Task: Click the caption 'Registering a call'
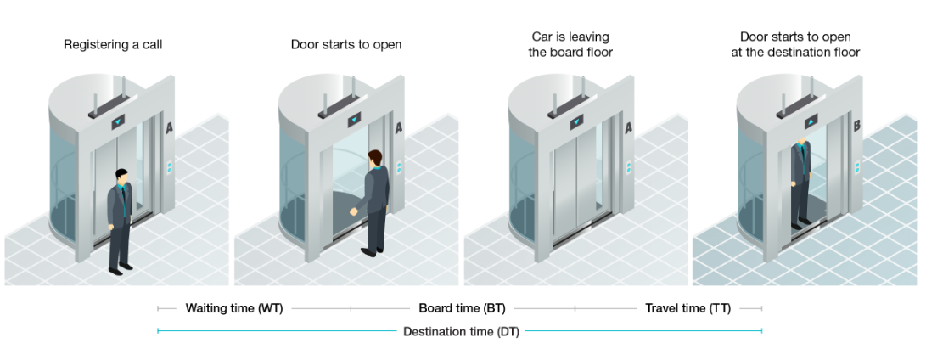pos(114,45)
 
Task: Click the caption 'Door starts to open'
pos(346,45)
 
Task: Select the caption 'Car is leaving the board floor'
pos(570,44)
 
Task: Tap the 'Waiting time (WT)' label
pos(234,308)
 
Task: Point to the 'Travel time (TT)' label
pos(688,308)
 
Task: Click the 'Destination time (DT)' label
pos(461,331)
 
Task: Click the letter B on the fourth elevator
pos(856,126)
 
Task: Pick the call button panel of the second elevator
pos(400,167)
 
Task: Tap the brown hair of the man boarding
pos(373,157)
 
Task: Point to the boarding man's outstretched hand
pos(354,211)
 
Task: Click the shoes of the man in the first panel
pos(120,269)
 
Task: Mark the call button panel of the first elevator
pos(170,167)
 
